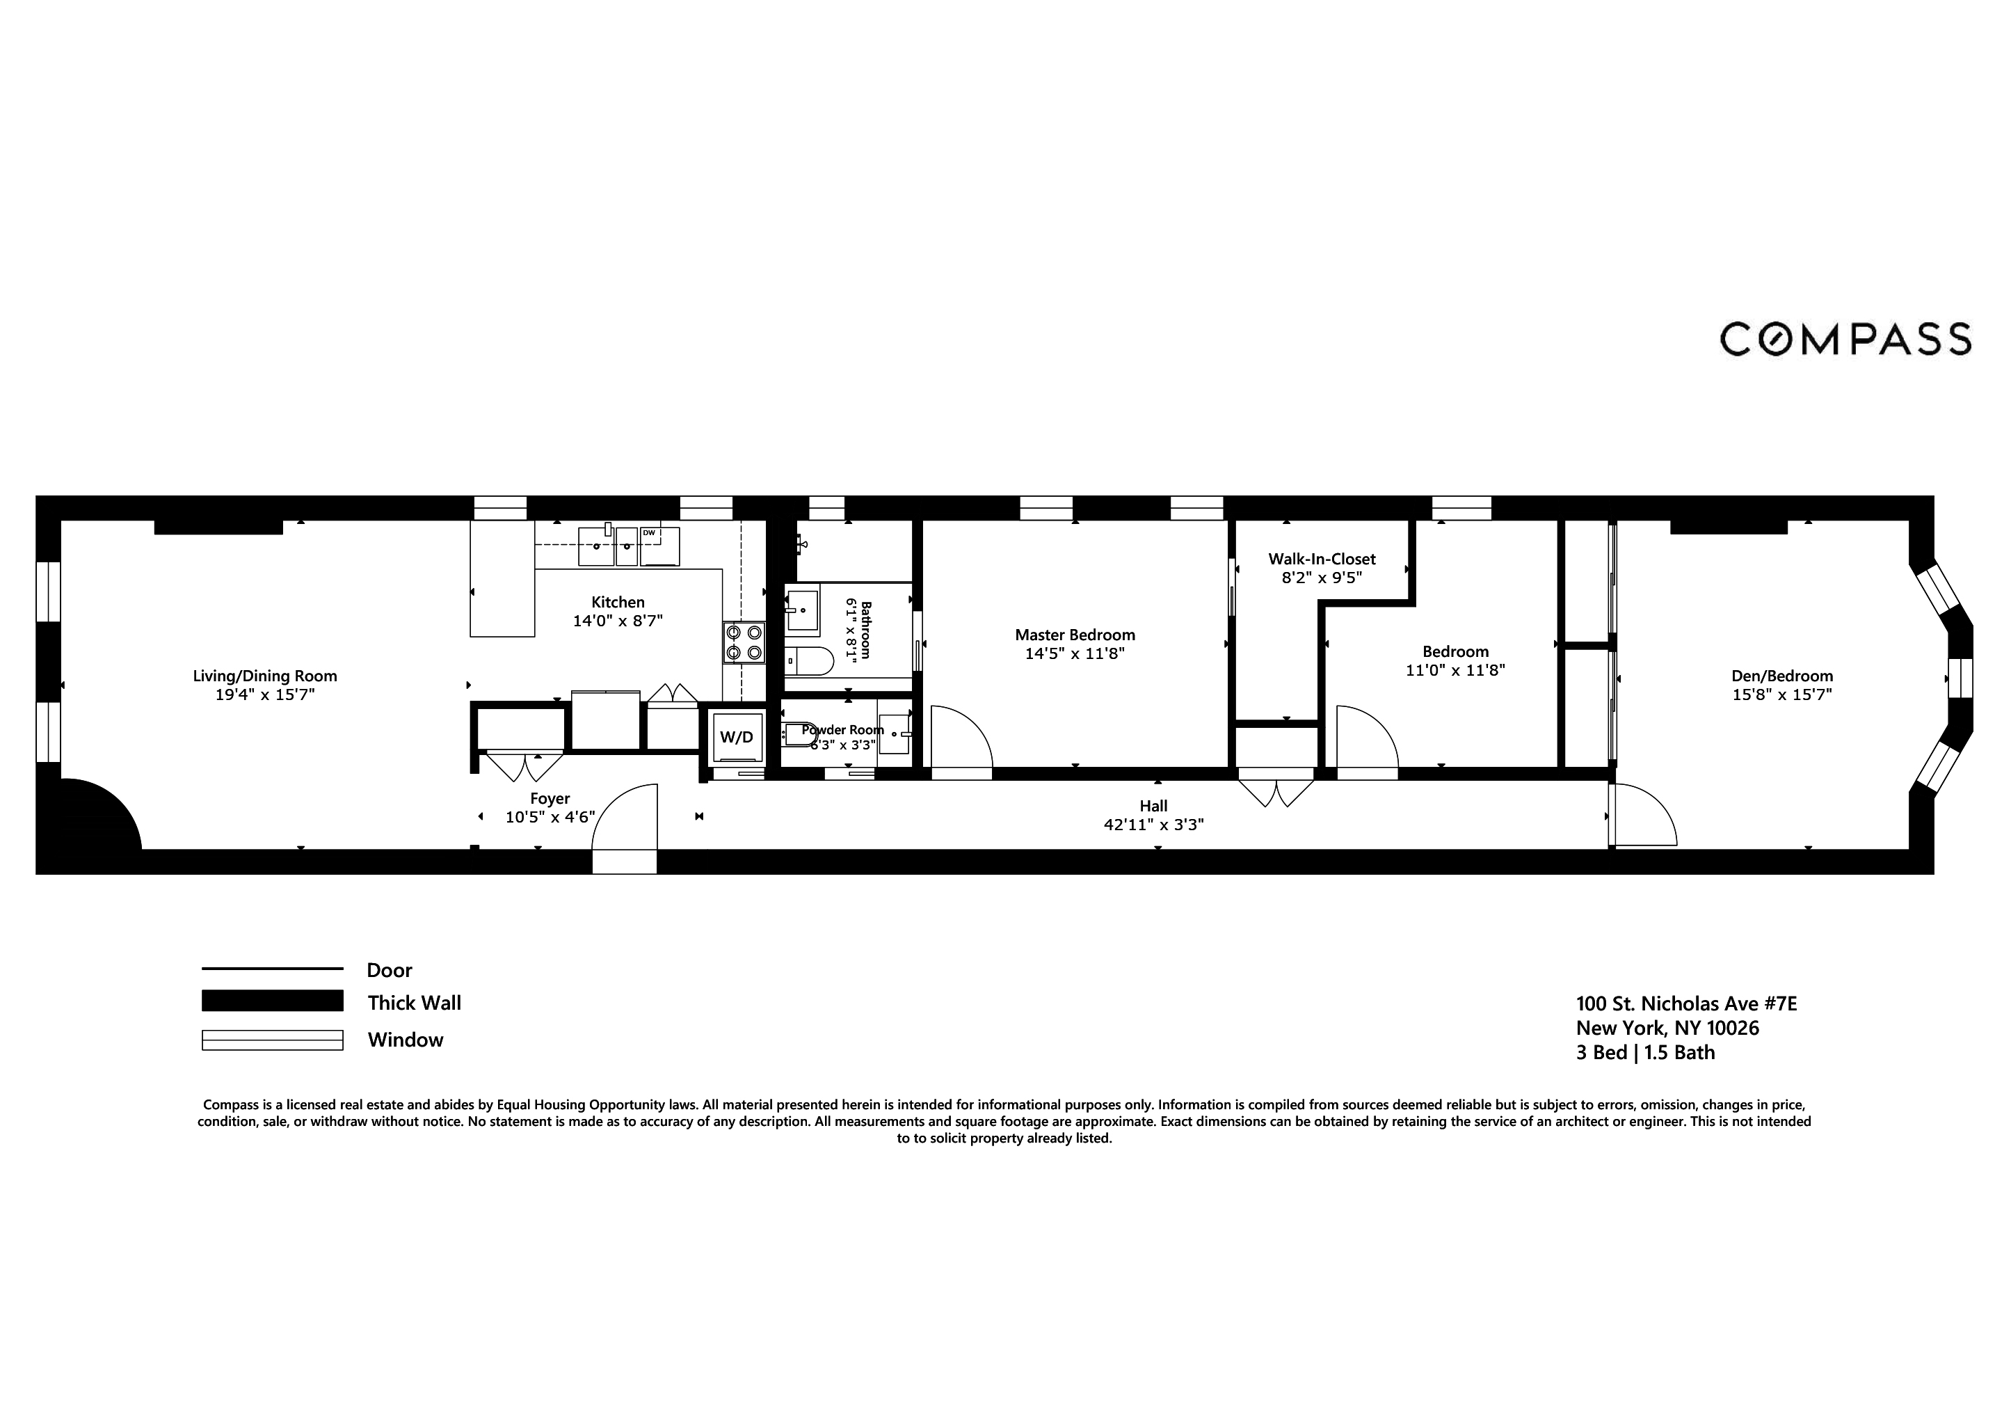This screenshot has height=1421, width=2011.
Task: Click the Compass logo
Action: [x=1845, y=339]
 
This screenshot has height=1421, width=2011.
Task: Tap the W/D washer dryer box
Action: [x=736, y=738]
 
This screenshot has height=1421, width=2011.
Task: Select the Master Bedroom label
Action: [x=1075, y=634]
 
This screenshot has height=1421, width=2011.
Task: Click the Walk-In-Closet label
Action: [x=1322, y=559]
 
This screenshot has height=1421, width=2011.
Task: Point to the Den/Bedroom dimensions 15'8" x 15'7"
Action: [x=1781, y=694]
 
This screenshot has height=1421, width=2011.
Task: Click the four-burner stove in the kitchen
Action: [x=744, y=642]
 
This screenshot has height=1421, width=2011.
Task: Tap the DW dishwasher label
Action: [x=649, y=532]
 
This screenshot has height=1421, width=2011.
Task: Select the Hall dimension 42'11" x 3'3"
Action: [x=1153, y=825]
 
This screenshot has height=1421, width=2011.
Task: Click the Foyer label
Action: [x=550, y=798]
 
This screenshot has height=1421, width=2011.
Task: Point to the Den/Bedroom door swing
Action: [x=1644, y=815]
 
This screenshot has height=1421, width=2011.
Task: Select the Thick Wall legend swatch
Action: [x=273, y=1001]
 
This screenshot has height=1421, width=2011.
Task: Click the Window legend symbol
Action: [x=273, y=1040]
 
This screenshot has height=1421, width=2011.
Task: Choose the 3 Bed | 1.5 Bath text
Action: [x=1645, y=1053]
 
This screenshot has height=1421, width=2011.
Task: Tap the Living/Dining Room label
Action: [x=264, y=676]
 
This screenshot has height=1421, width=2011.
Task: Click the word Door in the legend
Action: [x=389, y=970]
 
